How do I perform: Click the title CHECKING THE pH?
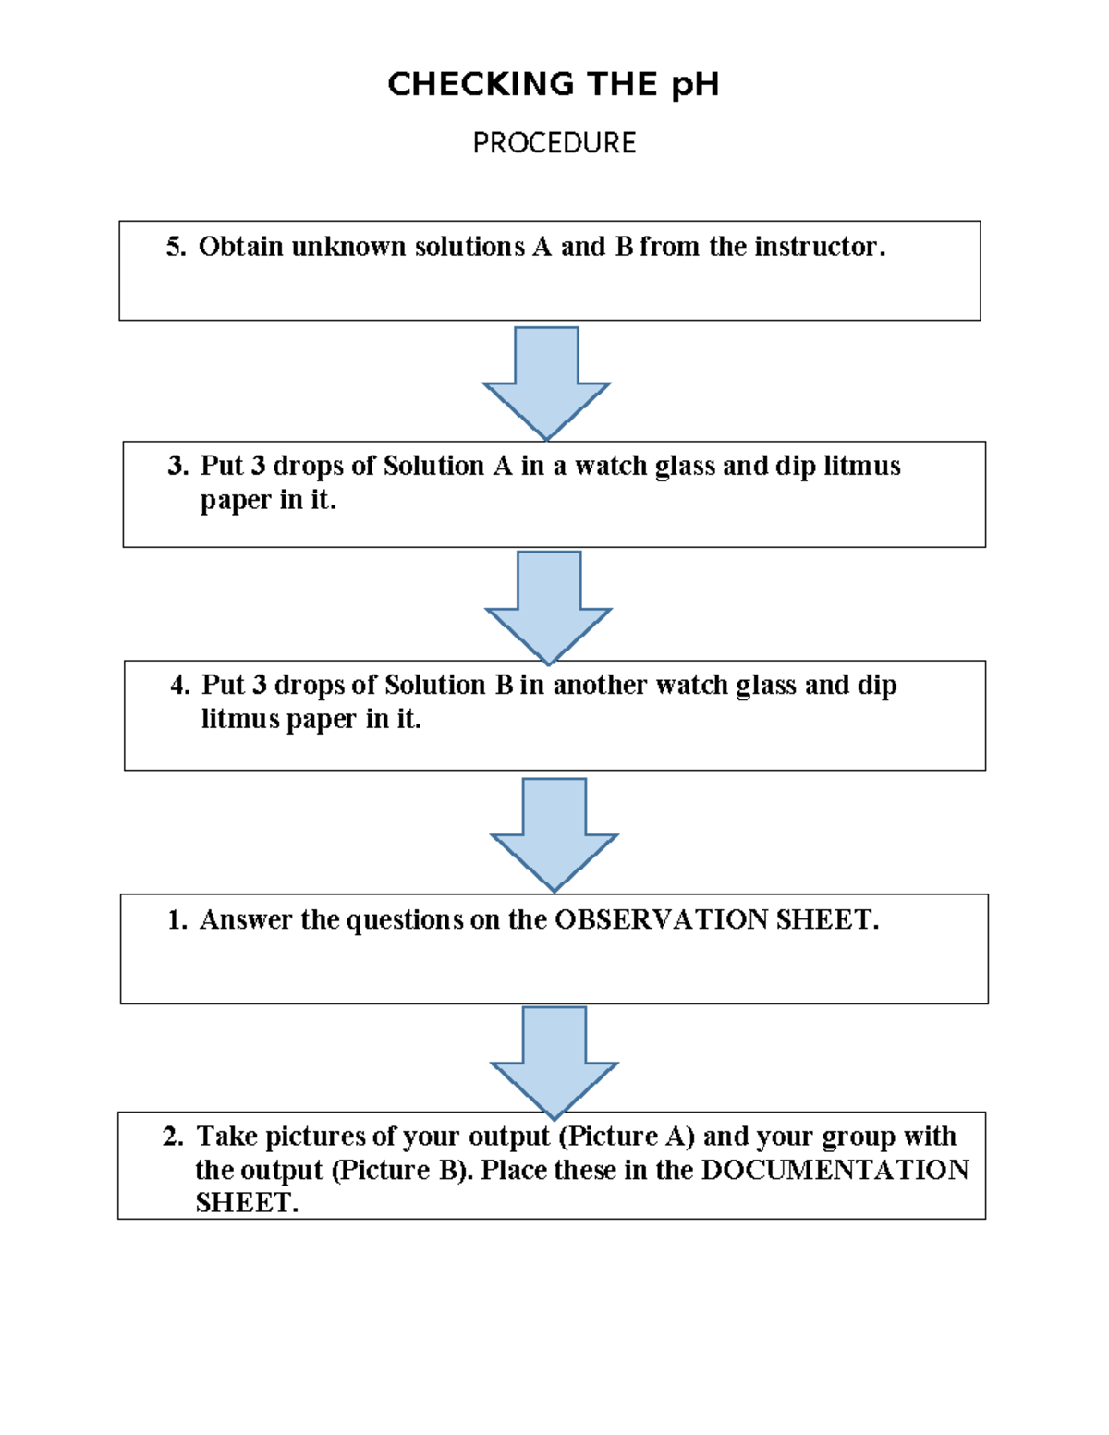553,84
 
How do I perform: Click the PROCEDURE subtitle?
554,143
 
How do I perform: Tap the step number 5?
175,247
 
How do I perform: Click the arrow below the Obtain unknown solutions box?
546,379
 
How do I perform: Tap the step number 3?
177,466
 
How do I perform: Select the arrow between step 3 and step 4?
549,604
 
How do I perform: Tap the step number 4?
178,685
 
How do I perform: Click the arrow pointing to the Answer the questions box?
554,832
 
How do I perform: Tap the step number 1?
176,920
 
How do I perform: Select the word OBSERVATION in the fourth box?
661,920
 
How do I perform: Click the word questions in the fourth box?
405,920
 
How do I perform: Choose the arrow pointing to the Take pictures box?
554,1060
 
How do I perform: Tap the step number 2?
172,1137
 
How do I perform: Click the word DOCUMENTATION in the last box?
835,1171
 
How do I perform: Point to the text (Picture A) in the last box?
627,1137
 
